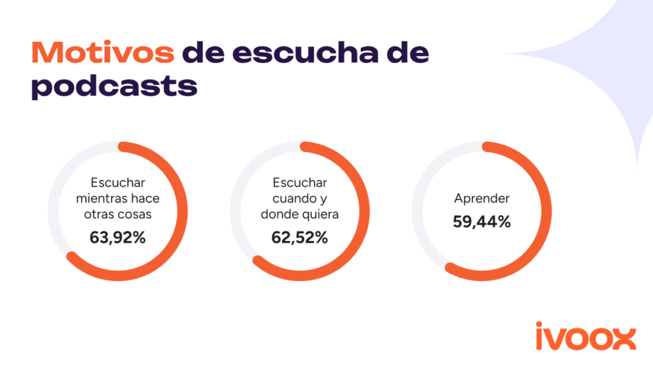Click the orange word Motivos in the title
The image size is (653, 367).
pos(103,54)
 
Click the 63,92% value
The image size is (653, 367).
pos(118,238)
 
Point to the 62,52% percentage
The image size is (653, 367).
pos(300,238)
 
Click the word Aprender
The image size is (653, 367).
pos(481,199)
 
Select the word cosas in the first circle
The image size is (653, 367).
pos(136,214)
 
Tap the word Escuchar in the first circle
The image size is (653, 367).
pos(118,182)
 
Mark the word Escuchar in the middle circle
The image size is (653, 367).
pos(300,182)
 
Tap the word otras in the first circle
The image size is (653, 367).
pos(99,214)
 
